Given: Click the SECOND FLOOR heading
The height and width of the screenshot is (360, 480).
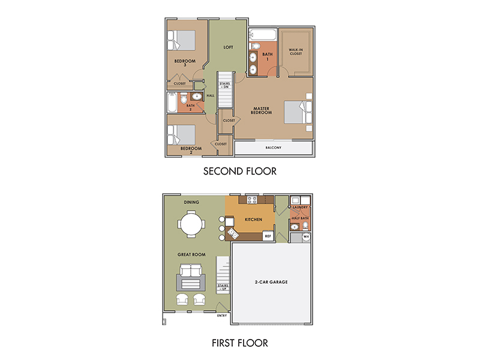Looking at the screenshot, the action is (x=239, y=171).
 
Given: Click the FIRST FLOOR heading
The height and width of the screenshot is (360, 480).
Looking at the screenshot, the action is (x=239, y=343).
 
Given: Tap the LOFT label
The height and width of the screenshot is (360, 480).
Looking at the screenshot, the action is (x=228, y=47).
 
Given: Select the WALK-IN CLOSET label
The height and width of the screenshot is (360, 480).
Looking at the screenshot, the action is (x=296, y=52).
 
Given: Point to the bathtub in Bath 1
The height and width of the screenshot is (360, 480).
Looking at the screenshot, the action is (x=263, y=35).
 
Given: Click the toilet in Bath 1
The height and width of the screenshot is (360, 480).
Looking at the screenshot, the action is (x=254, y=46).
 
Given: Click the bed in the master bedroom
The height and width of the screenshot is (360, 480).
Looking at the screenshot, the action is (x=298, y=112).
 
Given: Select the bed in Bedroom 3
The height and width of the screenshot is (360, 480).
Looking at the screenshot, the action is (x=181, y=40).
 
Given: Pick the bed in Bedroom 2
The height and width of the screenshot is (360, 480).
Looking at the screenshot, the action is (x=181, y=134).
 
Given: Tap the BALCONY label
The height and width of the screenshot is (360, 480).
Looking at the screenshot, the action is (x=274, y=148).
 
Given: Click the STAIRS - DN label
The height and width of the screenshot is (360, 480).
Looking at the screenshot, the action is (x=224, y=85).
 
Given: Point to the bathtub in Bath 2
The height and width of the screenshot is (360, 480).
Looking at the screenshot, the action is (x=172, y=103).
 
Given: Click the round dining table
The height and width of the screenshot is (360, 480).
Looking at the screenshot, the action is (x=191, y=224).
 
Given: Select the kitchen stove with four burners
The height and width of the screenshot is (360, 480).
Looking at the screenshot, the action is (x=252, y=200).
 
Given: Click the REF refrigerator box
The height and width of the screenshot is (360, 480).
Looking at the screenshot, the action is (x=268, y=236).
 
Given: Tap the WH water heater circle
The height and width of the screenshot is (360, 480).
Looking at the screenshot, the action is (x=306, y=236).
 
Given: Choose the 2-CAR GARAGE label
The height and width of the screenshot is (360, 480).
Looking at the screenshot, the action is (x=271, y=282).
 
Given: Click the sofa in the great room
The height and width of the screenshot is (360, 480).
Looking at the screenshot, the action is (x=191, y=271).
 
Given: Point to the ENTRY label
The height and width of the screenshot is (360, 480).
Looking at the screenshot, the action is (x=222, y=316).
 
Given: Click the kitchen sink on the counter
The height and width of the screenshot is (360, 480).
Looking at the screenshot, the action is (x=233, y=234).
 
